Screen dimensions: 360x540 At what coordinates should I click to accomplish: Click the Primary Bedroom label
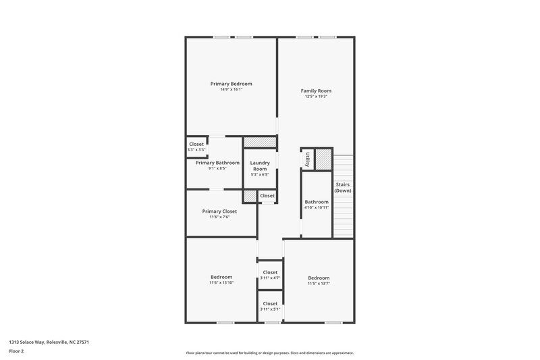coord(231,84)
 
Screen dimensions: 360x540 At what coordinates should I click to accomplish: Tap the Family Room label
coord(316,91)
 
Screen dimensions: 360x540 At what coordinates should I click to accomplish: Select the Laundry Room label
coord(260,165)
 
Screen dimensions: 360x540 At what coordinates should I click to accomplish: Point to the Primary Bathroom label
coord(217,163)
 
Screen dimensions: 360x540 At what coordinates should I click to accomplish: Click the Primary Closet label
coord(219,211)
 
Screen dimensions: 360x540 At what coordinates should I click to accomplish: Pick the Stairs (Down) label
coord(343,187)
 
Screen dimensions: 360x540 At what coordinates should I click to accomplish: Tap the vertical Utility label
coord(307,159)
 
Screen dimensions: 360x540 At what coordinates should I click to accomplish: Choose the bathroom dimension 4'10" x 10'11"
coord(317,207)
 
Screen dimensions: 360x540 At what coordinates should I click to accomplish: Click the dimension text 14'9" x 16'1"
coord(231,90)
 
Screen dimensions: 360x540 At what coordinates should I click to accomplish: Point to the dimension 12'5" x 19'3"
coord(316,97)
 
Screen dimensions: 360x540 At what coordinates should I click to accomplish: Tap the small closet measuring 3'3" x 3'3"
coord(196,147)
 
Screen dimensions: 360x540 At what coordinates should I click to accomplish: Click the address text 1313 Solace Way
coord(49,342)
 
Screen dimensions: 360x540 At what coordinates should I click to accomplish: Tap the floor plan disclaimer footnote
coord(269,353)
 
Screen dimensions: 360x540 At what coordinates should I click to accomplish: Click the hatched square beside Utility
coord(324,159)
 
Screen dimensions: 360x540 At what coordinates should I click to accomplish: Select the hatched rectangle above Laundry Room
coord(260,142)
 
